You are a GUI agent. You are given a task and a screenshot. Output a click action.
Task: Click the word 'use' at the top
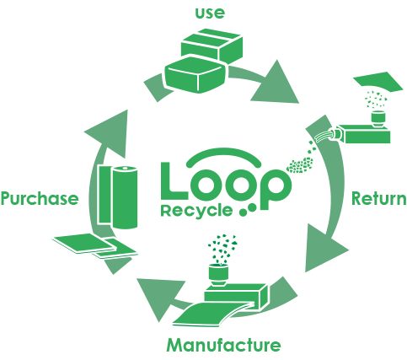coord(210,13)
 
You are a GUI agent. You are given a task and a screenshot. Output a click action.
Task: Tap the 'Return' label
coord(379,198)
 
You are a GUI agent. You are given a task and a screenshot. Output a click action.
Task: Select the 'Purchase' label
coord(40,198)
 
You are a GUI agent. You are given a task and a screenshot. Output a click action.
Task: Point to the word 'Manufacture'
coord(223,345)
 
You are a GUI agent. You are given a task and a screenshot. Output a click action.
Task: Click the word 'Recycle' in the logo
coord(196,211)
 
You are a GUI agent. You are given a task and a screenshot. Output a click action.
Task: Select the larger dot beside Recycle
coord(252,207)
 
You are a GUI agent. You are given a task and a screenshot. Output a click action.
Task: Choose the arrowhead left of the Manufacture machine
coord(158,297)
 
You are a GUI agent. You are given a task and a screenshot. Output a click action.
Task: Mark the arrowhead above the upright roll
coord(110,133)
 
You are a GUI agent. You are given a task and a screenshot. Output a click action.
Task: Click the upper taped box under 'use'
coord(212,45)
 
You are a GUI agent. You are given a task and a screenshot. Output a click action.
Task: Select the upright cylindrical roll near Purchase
coord(125,197)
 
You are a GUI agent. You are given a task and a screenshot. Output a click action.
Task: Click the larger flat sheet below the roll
coord(83,243)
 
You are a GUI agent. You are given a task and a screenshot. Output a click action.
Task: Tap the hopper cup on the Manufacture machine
coord(219,275)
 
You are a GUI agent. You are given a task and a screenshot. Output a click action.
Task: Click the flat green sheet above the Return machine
coord(378,82)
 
